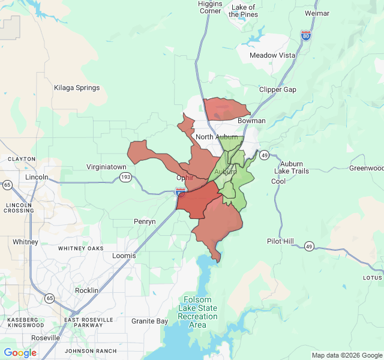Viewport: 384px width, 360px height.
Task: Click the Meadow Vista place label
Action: tap(272, 55)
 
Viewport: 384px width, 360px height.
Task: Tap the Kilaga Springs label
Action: tap(77, 88)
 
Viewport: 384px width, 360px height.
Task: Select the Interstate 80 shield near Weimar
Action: tap(306, 35)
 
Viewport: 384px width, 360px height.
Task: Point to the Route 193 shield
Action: tap(125, 177)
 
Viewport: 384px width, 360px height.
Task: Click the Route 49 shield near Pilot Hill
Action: tap(308, 246)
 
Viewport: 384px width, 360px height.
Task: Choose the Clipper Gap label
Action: tap(277, 89)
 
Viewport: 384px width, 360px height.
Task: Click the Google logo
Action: tap(20, 353)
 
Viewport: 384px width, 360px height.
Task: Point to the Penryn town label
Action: tap(144, 221)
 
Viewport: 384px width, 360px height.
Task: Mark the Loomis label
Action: tap(124, 256)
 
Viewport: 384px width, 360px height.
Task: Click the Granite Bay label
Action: tap(149, 321)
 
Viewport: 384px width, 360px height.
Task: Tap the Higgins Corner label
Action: tap(209, 7)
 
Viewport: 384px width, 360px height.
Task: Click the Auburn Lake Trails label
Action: tap(291, 167)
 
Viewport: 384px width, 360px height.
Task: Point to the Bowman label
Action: tap(251, 121)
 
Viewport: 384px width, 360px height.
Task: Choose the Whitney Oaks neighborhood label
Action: tap(80, 248)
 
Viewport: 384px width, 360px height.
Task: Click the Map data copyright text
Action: tap(347, 355)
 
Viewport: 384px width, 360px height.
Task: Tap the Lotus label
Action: tap(372, 278)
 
